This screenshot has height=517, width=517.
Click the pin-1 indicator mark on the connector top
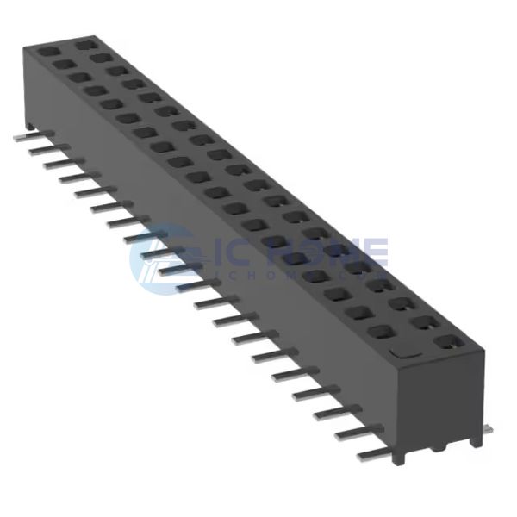tap(405, 352)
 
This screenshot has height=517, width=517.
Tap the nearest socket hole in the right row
tap(445, 342)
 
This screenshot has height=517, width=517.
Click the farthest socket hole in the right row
tap(84, 42)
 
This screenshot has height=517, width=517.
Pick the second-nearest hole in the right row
tap(422, 322)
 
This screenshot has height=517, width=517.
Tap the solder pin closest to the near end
tap(371, 453)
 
